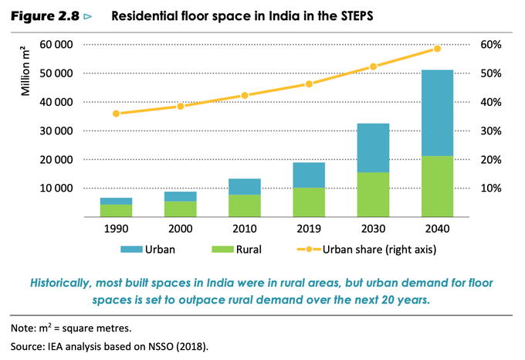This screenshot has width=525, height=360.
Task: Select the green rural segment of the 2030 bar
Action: point(373,194)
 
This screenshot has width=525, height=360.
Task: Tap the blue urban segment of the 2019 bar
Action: point(309,175)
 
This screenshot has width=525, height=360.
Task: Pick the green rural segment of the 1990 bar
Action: point(116,210)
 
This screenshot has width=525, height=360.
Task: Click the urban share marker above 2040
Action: point(437,49)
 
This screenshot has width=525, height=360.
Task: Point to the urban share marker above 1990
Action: point(116,114)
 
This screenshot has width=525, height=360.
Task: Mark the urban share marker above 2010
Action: point(245,95)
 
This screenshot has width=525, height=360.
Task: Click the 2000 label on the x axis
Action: point(180,229)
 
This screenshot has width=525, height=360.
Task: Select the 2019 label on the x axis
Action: point(309,229)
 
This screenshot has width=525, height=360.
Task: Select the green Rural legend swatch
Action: point(221,250)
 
